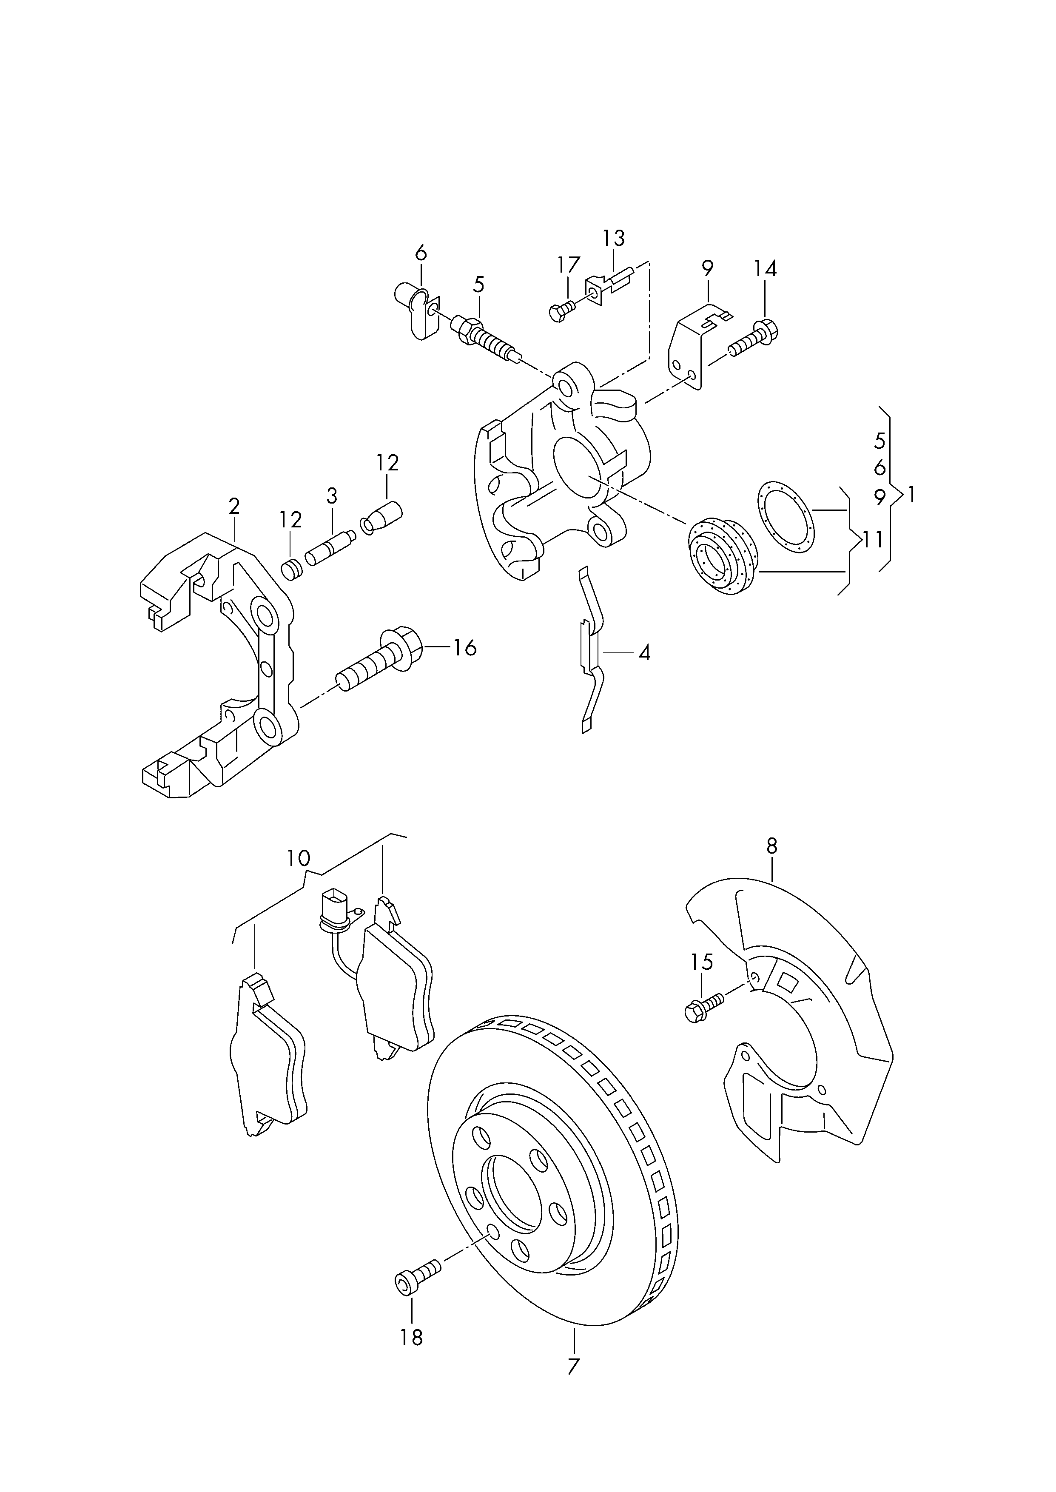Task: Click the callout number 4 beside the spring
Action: coord(644,652)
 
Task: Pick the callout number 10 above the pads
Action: coord(299,858)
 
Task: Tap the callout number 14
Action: coord(766,268)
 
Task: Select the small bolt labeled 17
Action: coord(561,311)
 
